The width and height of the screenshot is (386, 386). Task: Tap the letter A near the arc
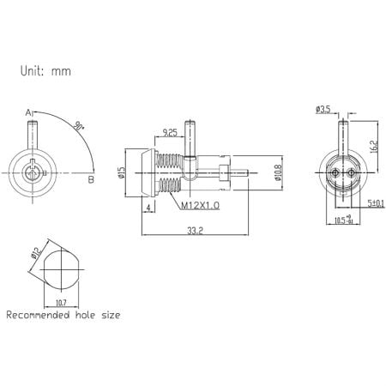[x=28, y=112]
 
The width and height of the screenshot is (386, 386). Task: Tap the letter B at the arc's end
[x=90, y=179]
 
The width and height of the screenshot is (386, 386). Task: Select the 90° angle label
[x=81, y=125]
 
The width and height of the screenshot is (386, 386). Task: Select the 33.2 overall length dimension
[x=196, y=229]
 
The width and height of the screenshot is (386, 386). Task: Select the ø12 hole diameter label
[x=33, y=254]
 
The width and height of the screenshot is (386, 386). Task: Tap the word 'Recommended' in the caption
[x=40, y=316]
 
